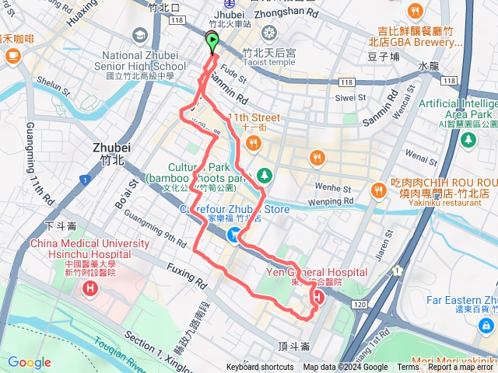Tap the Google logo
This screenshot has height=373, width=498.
coord(30,362)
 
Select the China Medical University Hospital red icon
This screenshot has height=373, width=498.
coord(91,290)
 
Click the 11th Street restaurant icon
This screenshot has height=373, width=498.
coord(254,143)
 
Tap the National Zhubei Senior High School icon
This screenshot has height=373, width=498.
coord(140,35)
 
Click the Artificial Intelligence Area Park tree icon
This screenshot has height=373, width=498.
coord(468,139)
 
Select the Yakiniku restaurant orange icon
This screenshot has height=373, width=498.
coord(379,189)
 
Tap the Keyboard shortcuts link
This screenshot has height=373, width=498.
coord(260,368)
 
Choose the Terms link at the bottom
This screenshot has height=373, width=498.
coord(407,368)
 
